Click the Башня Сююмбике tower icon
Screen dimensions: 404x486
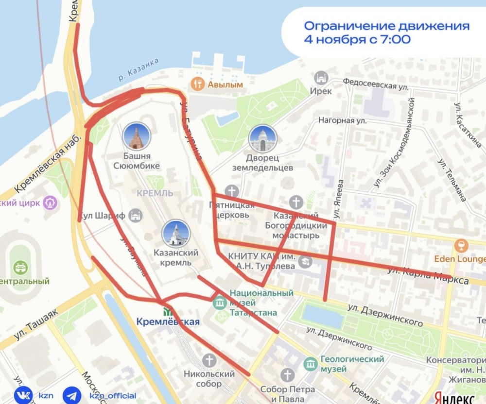pos(137,136)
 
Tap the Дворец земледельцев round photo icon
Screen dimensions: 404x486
pos(262,139)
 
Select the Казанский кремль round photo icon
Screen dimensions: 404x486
pos(175,234)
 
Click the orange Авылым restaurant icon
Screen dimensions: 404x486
pos(197,84)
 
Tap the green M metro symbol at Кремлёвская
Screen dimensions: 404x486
pos(168,311)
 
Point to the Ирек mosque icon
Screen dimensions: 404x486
pos(321,78)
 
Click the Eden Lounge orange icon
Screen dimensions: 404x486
pos(458,245)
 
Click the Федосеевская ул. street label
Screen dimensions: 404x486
pos(375,83)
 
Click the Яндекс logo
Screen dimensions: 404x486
pos(455,398)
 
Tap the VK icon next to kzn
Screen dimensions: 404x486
pos(22,394)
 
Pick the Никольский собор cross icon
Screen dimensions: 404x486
pos(209,360)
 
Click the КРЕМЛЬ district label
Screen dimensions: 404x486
pos(154,193)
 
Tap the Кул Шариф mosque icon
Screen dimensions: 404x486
pos(136,215)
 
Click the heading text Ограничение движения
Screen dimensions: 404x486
pos(387,26)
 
